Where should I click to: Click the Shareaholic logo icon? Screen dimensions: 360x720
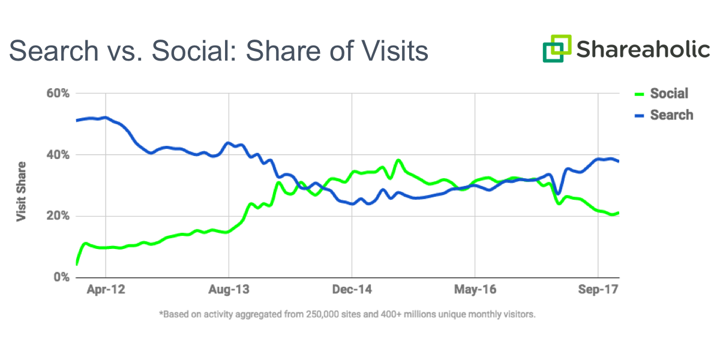557,48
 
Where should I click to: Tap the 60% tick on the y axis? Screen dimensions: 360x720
59,94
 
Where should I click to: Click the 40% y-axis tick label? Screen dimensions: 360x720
59,155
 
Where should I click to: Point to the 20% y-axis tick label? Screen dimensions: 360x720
59,216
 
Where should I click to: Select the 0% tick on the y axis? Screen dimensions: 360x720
62,277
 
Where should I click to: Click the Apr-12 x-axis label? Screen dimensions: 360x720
106,290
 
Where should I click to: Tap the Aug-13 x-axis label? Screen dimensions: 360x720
229,290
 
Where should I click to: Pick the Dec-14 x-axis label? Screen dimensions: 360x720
352,290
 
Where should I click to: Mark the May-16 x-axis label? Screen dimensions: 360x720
475,290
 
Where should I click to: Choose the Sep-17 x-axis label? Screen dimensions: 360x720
598,290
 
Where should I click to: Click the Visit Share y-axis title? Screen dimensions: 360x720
21,191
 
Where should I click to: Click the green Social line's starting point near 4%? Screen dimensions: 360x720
77,263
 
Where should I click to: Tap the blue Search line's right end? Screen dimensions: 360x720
618,161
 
